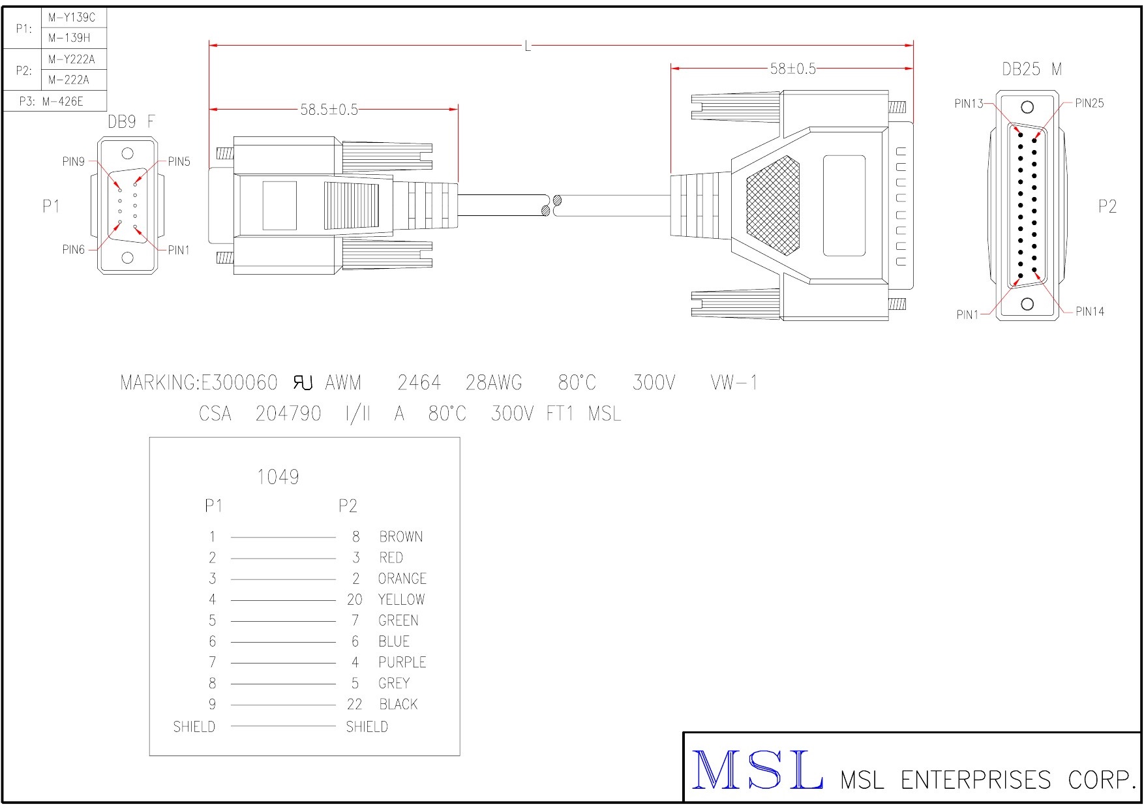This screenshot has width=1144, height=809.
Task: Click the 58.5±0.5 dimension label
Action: point(329,110)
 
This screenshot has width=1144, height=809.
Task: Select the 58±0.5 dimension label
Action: point(792,69)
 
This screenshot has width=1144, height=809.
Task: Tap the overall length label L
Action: point(528,46)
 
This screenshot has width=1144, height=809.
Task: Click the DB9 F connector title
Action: point(132,122)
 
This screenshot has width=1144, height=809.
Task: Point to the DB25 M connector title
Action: point(1032,69)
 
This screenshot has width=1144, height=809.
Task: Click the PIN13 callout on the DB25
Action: point(969,103)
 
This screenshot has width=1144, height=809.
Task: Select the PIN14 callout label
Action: point(1089,311)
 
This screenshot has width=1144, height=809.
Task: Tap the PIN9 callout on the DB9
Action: point(73,161)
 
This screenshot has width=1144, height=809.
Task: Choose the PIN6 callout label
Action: point(73,249)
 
